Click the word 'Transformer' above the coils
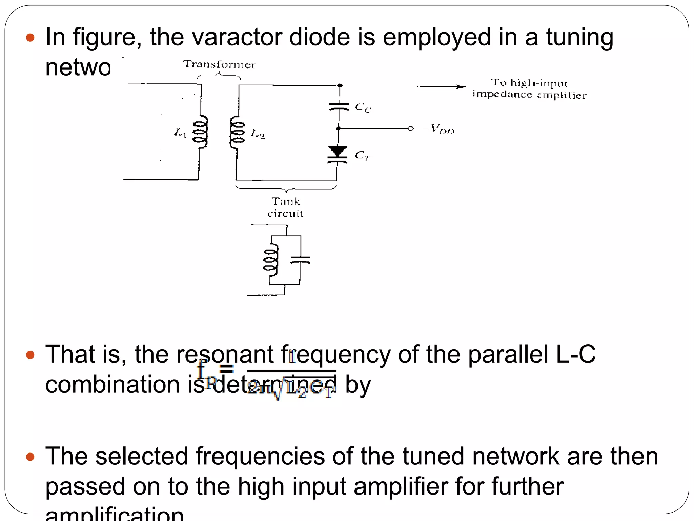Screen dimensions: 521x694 coord(219,64)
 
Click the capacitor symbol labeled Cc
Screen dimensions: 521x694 coord(339,107)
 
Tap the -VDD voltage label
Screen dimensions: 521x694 coord(438,129)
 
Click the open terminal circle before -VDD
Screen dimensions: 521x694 coord(411,128)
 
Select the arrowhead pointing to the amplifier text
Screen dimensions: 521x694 coord(461,87)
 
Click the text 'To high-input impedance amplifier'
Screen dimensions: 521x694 coord(529,89)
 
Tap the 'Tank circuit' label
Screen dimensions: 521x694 coord(285,207)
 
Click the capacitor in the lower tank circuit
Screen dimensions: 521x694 coord(300,260)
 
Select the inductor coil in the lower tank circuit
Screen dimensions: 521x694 coord(271,260)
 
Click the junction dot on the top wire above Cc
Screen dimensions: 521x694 coord(340,85)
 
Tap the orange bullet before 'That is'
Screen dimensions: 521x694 coord(30,355)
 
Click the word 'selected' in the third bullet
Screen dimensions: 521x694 coord(141,456)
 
